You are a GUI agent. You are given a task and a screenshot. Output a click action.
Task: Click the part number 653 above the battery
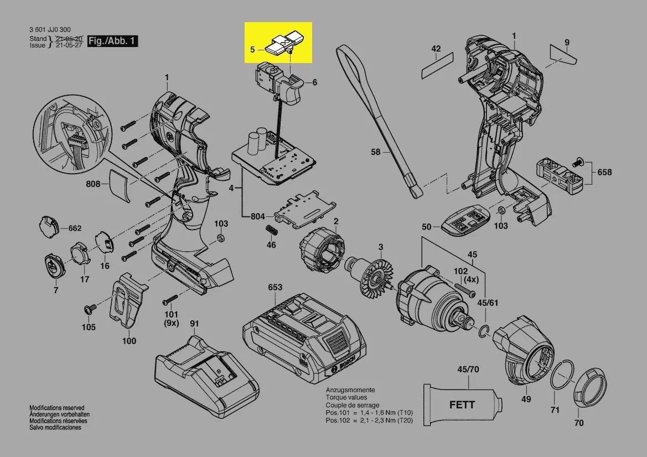pyautogui.click(x=275, y=287)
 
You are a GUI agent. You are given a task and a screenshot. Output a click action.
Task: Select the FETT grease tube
pyautogui.click(x=460, y=402)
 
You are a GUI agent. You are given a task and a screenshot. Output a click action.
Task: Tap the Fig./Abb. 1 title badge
pyautogui.click(x=114, y=41)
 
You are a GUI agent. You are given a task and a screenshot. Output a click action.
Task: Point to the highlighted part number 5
pyautogui.click(x=252, y=49)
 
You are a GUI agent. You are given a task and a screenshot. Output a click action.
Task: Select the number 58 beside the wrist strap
pyautogui.click(x=376, y=152)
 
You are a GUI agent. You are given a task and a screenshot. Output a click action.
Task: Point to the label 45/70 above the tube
pyautogui.click(x=468, y=369)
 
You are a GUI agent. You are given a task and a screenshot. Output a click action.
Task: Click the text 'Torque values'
pyautogui.click(x=346, y=397)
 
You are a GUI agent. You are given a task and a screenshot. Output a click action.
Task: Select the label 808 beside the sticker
pyautogui.click(x=93, y=184)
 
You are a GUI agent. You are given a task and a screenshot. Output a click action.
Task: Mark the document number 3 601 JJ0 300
pyautogui.click(x=50, y=30)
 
